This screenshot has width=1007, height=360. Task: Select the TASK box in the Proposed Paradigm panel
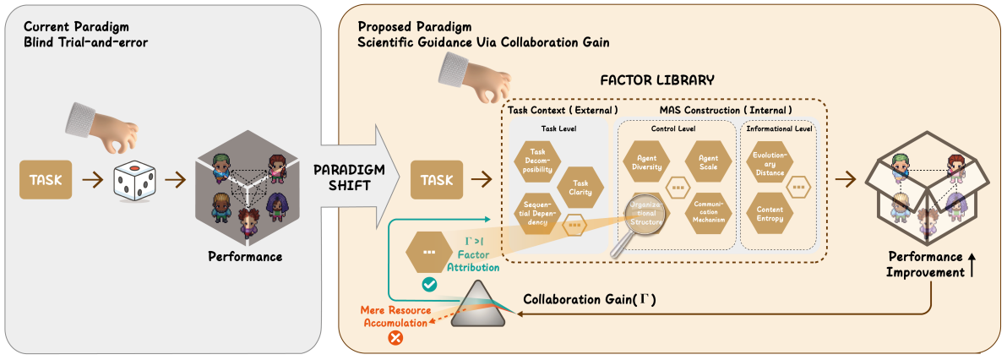tap(436, 179)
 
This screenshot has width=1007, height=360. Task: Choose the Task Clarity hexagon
tap(581, 187)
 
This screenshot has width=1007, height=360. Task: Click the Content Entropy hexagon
tap(770, 213)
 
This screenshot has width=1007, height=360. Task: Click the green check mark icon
tap(429, 286)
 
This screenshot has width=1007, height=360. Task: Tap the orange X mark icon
tap(394, 338)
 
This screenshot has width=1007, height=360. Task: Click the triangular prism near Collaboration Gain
tap(482, 306)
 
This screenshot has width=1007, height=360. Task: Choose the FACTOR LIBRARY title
tap(657, 80)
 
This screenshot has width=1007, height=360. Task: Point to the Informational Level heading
tap(780, 129)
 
